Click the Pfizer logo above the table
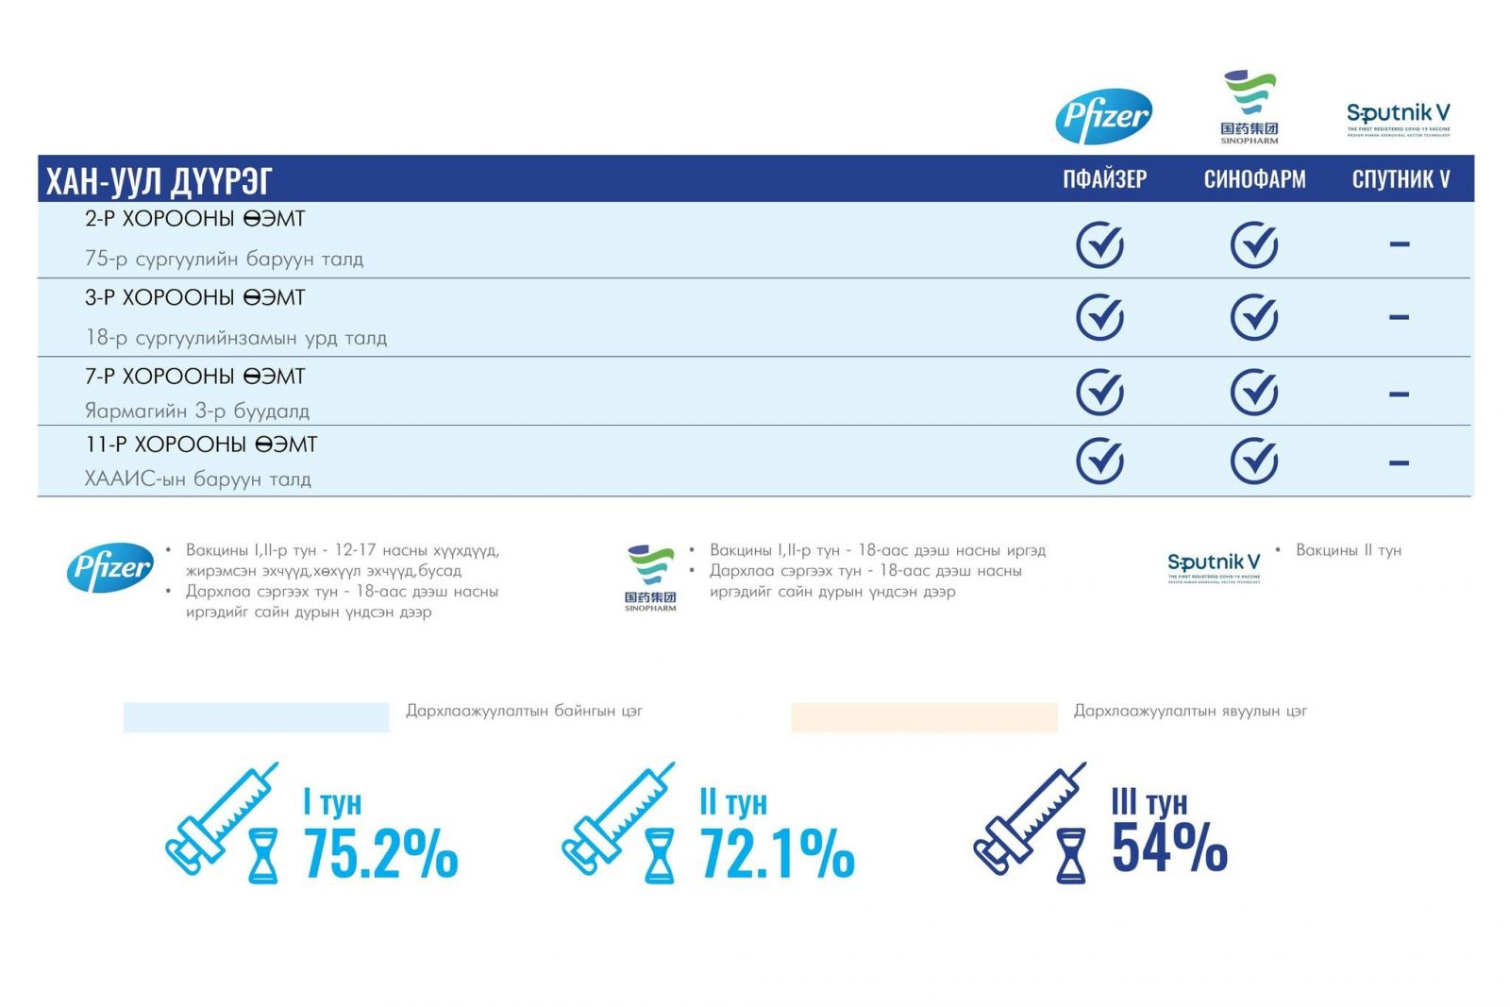point(1103,116)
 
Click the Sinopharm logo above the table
point(1249,107)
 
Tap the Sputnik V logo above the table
point(1398,119)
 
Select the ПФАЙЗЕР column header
point(1104,179)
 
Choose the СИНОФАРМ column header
point(1254,179)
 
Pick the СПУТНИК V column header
point(1401,179)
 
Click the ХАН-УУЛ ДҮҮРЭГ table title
point(159,180)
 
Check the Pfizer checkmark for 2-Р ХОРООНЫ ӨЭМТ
point(1099,244)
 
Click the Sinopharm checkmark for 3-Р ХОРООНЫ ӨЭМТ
point(1254,317)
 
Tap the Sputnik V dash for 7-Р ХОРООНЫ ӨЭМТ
point(1399,394)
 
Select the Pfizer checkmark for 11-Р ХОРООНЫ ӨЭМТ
point(1099,462)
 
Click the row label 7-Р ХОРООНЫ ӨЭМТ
point(195,377)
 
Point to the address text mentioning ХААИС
point(197,479)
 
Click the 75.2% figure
point(380,853)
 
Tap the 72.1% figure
point(777,853)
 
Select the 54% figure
point(1169,847)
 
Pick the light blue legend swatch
point(256,717)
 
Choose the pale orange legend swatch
point(923,717)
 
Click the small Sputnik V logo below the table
point(1213,567)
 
